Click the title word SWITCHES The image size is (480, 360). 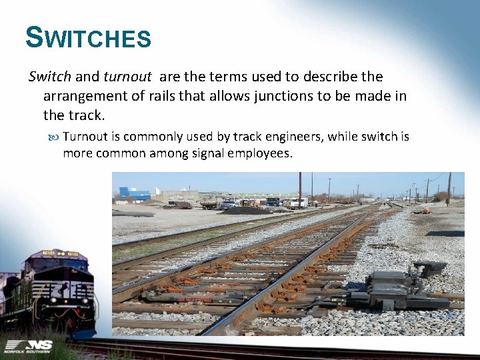pyautogui.click(x=88, y=38)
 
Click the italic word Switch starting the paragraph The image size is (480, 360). pyautogui.click(x=50, y=77)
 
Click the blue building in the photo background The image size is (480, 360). pyautogui.click(x=135, y=194)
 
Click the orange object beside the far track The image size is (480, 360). pyautogui.click(x=422, y=210)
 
